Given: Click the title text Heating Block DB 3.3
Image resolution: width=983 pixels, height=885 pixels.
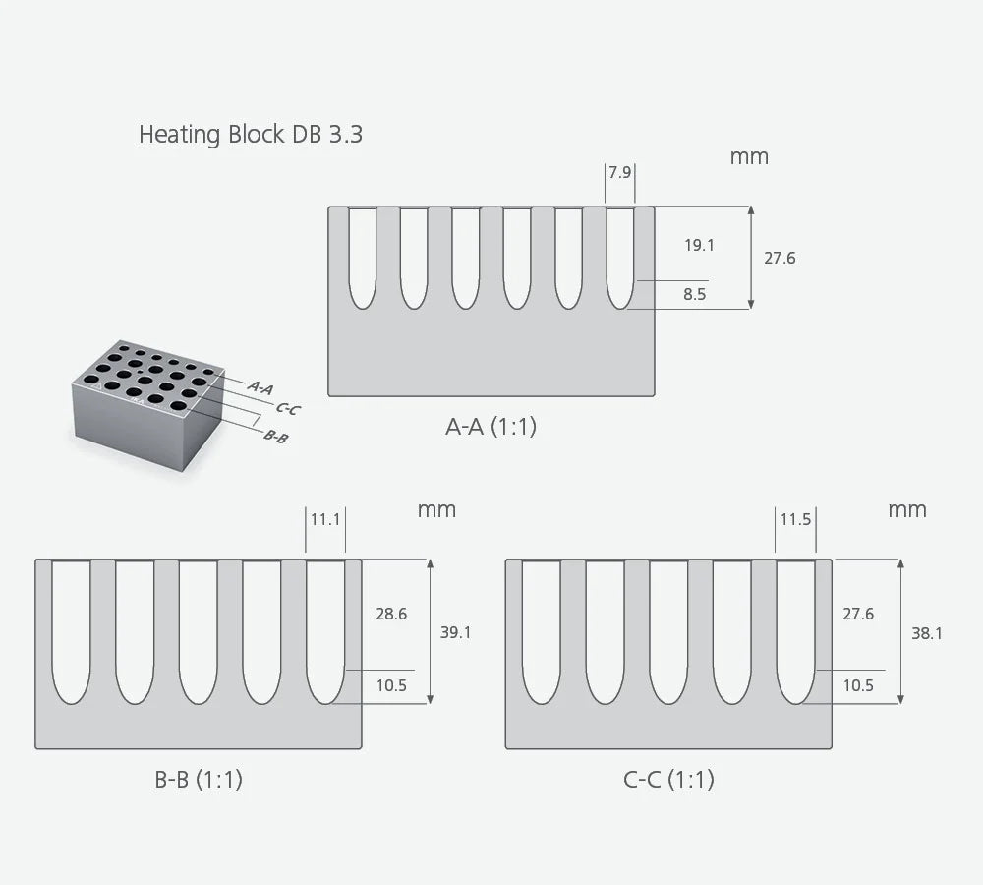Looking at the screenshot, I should pyautogui.click(x=251, y=134).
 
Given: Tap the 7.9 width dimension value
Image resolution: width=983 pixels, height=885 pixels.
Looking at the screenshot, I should pyautogui.click(x=619, y=173).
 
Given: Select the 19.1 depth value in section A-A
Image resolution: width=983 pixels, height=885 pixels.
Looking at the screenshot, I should pyautogui.click(x=699, y=245).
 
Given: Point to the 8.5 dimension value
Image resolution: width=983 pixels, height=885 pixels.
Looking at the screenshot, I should pyautogui.click(x=695, y=294).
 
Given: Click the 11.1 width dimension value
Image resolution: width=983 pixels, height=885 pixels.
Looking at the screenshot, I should pyautogui.click(x=325, y=519).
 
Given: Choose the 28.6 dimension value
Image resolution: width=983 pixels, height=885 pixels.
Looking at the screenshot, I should pyautogui.click(x=391, y=614).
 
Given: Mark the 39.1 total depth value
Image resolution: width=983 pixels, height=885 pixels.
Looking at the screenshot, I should pyautogui.click(x=455, y=632).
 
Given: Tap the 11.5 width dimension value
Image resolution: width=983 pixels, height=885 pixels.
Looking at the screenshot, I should pyautogui.click(x=795, y=519).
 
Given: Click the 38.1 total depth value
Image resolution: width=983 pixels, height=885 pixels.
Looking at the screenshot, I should pyautogui.click(x=926, y=633).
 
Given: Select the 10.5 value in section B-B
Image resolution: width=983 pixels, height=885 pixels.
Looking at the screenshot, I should pyautogui.click(x=391, y=686).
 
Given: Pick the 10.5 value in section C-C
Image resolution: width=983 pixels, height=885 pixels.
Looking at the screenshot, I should pyautogui.click(x=858, y=686).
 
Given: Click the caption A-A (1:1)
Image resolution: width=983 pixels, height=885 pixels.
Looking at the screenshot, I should pyautogui.click(x=491, y=427).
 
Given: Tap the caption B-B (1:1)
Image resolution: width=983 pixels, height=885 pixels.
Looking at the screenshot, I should pyautogui.click(x=199, y=780).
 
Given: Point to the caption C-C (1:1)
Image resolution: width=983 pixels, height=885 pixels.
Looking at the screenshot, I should pyautogui.click(x=668, y=780).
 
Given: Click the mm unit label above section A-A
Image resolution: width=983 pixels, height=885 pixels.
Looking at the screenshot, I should pyautogui.click(x=749, y=156).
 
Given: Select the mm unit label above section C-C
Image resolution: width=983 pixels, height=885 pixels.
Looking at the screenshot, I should pyautogui.click(x=907, y=509).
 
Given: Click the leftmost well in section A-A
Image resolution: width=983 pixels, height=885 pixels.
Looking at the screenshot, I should pyautogui.click(x=363, y=256).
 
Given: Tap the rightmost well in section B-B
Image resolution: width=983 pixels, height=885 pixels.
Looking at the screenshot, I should pyautogui.click(x=325, y=629).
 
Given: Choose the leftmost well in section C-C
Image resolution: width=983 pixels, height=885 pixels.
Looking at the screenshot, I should pyautogui.click(x=541, y=629).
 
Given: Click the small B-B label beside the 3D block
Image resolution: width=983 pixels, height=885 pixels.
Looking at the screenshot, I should pyautogui.click(x=276, y=436).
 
